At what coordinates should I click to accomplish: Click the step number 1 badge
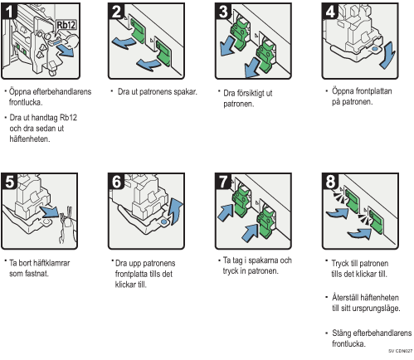[x=9, y=11]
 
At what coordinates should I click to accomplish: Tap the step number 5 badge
[x=9, y=182]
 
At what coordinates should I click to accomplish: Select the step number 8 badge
[x=330, y=182]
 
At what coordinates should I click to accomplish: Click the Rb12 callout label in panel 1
[x=66, y=25]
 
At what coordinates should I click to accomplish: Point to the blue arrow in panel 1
[x=66, y=51]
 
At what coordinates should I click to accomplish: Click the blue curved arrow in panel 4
[x=388, y=56]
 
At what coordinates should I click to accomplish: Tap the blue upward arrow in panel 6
[x=176, y=211]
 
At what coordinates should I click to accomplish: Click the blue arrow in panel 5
[x=49, y=212]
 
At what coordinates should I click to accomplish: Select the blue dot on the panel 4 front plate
[x=375, y=49]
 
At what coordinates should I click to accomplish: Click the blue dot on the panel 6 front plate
[x=163, y=221]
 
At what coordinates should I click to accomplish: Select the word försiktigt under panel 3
[x=254, y=93]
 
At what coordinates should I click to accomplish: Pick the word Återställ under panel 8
[x=347, y=297]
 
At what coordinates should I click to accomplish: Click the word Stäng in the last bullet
[x=341, y=333]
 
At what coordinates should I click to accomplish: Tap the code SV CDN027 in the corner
[x=400, y=351]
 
